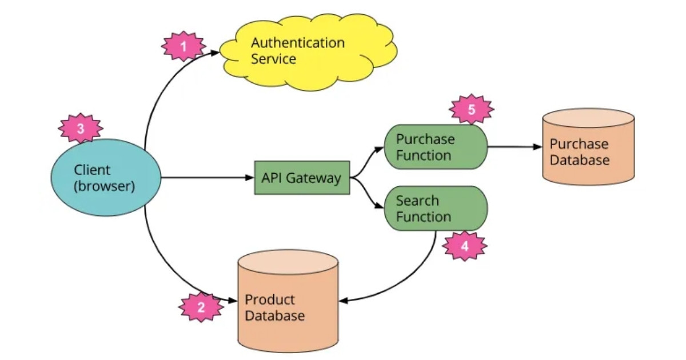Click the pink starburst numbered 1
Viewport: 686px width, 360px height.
click(184, 46)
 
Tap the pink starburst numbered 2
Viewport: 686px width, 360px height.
click(201, 307)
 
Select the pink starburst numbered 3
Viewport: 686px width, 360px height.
click(81, 129)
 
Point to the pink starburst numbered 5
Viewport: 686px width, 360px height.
click(472, 110)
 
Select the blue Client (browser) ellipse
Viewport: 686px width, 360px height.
click(105, 178)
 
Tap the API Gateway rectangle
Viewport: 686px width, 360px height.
click(301, 178)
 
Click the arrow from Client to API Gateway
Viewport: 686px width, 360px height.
click(206, 178)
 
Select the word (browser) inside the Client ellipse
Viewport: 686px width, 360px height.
click(105, 186)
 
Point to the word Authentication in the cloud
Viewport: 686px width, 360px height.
click(298, 43)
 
